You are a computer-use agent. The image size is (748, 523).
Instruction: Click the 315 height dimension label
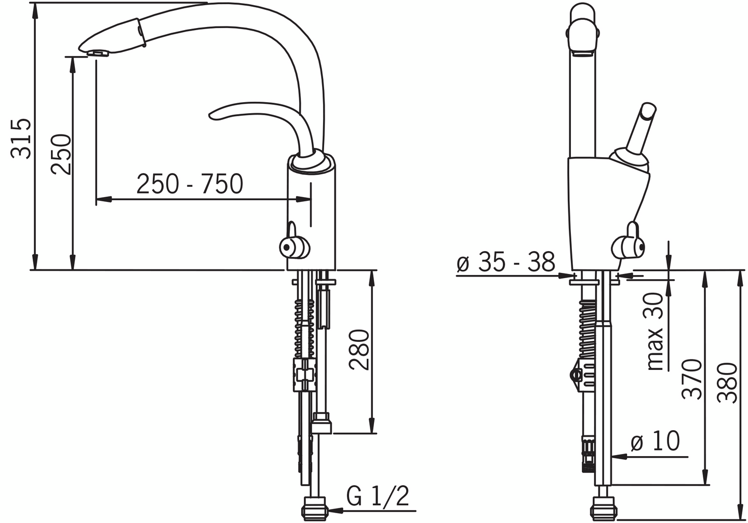(21, 138)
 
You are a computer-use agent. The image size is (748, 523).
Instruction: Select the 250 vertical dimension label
(61, 154)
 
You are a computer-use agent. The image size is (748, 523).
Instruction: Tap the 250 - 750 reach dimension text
(190, 184)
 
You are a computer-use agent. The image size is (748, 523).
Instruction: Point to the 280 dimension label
(358, 350)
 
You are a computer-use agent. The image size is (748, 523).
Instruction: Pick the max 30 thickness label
(655, 332)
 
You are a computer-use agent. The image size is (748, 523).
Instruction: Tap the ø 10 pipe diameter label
(655, 441)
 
